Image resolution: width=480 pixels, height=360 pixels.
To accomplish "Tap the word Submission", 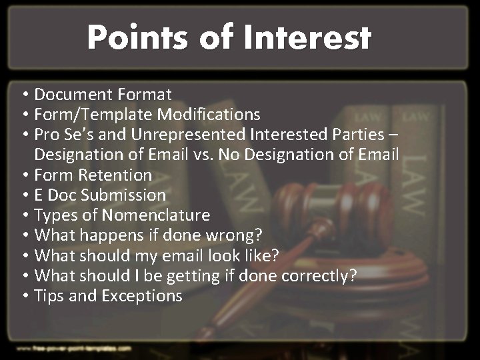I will [x=125, y=195].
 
